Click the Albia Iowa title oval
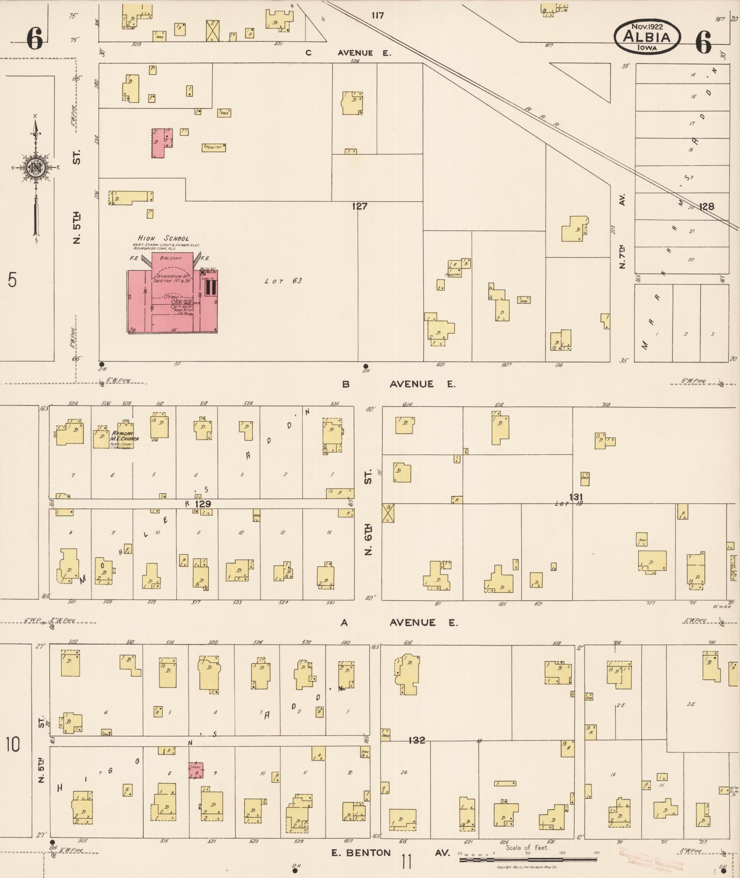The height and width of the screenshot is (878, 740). pyautogui.click(x=647, y=36)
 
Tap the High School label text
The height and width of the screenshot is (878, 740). pyautogui.click(x=163, y=238)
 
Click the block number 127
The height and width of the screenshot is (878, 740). pyautogui.click(x=359, y=206)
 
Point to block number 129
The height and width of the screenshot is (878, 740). pyautogui.click(x=203, y=503)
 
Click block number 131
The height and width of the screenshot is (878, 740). pyautogui.click(x=576, y=497)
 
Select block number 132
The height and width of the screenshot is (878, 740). pyautogui.click(x=416, y=740)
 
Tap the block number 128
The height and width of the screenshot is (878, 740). pyautogui.click(x=706, y=207)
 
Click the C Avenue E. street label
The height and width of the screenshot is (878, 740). pyautogui.click(x=349, y=53)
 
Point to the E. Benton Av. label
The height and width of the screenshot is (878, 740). pyautogui.click(x=390, y=853)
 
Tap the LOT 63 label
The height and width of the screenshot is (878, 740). pyautogui.click(x=283, y=280)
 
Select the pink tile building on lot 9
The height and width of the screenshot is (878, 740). pyautogui.click(x=196, y=770)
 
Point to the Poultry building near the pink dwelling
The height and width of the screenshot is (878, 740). pyautogui.click(x=214, y=147)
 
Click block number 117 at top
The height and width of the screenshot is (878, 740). pyautogui.click(x=377, y=16)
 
